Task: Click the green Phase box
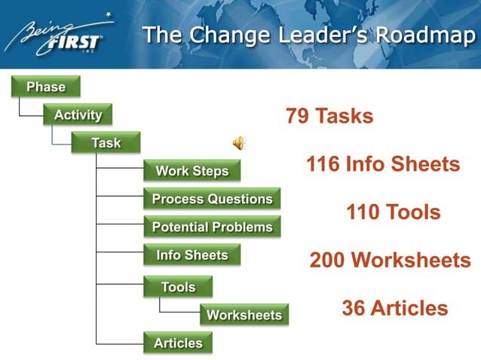click(45, 87)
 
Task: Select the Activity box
click(77, 115)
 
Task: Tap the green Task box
click(106, 143)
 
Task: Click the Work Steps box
click(191, 171)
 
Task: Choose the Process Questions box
click(212, 199)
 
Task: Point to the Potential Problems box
click(212, 227)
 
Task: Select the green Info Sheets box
click(191, 255)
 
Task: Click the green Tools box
click(178, 287)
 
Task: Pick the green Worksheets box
click(244, 315)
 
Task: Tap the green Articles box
click(178, 343)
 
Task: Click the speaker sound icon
click(238, 142)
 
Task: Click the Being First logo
click(57, 35)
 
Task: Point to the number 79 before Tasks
click(298, 117)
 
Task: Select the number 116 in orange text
click(323, 164)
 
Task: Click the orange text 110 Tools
click(393, 212)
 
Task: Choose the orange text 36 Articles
click(394, 308)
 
